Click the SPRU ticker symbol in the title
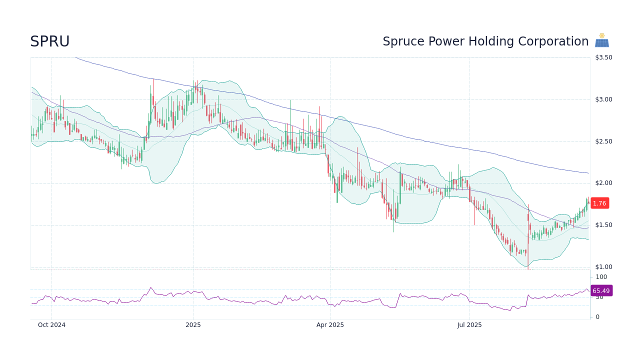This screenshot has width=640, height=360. point(49,41)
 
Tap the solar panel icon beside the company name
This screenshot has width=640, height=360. point(601,40)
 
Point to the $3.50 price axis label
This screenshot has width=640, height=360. point(603,57)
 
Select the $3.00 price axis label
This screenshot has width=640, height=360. point(603,99)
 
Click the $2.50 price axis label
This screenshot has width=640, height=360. point(603,141)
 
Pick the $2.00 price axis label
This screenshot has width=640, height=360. point(603,183)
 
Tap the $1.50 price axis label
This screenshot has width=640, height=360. point(603,225)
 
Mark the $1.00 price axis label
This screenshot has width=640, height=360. point(603,267)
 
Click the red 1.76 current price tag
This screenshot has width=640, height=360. point(599,203)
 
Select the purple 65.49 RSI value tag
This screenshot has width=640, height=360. point(601,290)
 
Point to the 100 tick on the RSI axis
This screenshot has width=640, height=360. point(601,277)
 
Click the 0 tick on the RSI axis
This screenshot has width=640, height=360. point(597,317)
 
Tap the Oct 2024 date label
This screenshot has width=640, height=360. point(51,325)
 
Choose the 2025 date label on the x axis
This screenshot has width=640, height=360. point(193,325)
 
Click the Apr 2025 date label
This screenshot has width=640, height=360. point(330,325)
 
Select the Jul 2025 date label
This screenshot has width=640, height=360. point(469,325)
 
